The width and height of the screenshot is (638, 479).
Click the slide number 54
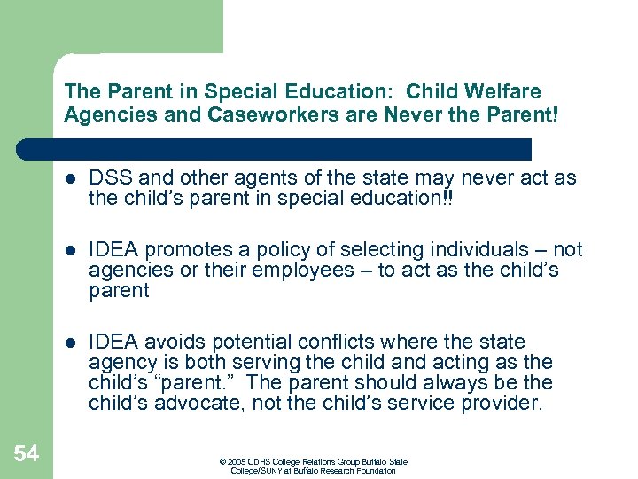(x=27, y=454)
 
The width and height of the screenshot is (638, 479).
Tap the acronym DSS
(x=108, y=177)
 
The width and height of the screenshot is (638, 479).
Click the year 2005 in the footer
(x=236, y=462)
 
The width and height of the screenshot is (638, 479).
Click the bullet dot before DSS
(x=68, y=179)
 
